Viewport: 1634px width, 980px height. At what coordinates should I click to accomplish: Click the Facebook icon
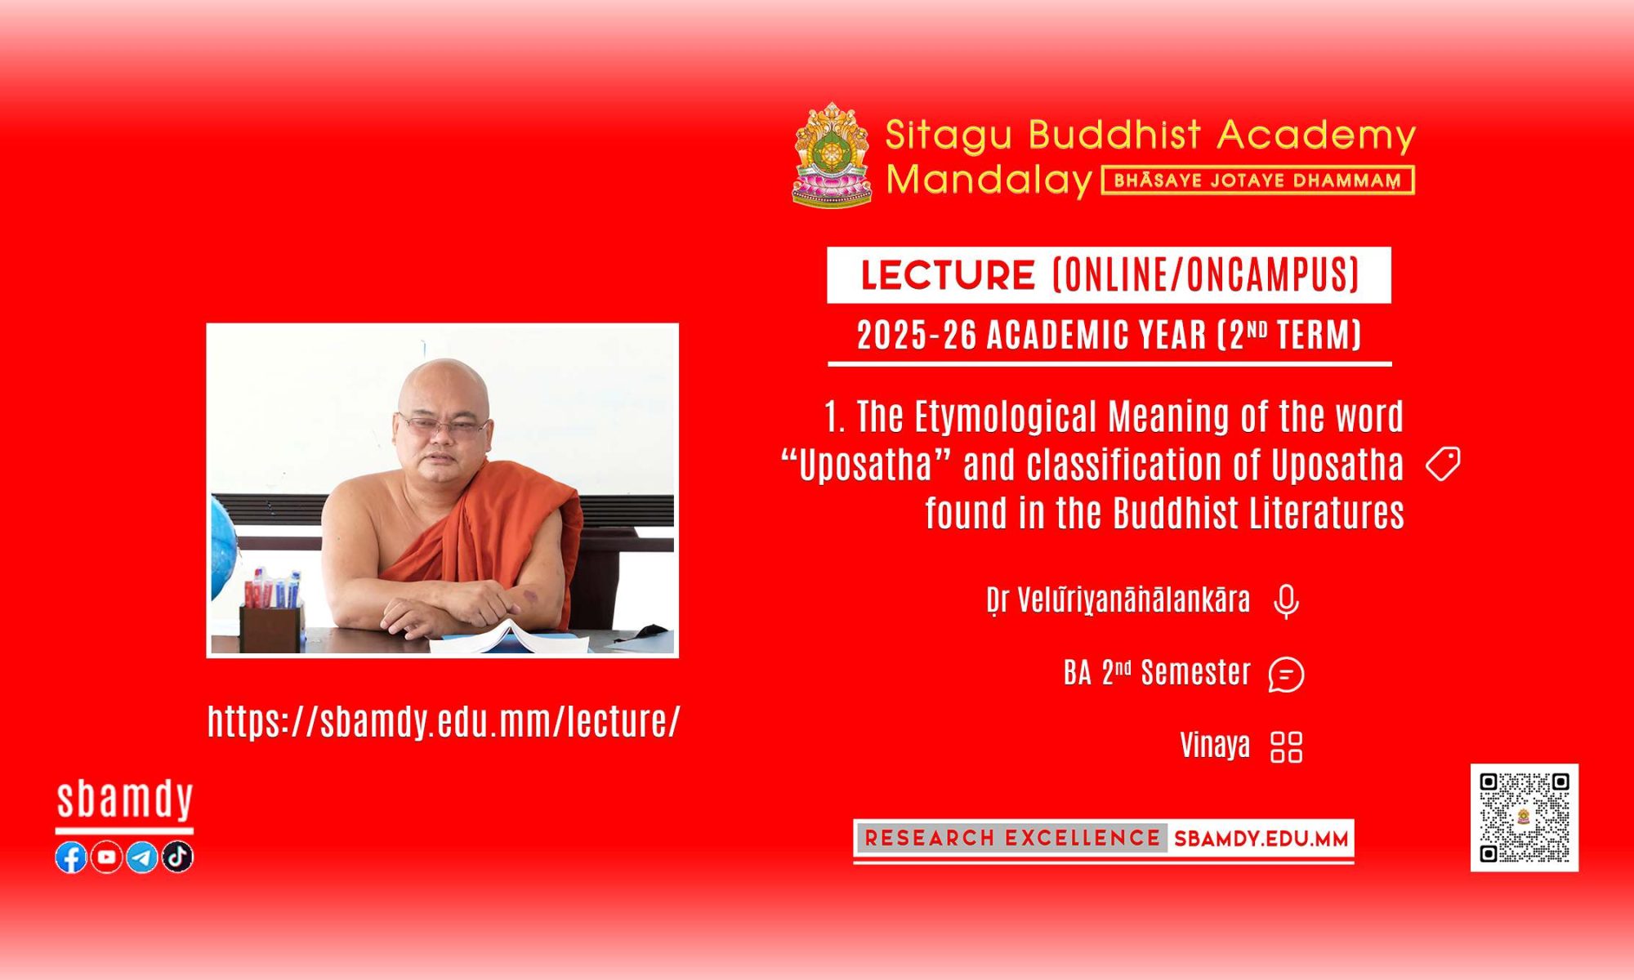point(71,857)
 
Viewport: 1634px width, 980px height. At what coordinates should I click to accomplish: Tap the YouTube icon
point(106,857)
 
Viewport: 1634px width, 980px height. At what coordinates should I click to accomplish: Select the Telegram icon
point(142,857)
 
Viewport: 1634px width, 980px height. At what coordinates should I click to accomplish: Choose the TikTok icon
point(177,857)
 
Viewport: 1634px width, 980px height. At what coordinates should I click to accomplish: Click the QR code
point(1525,817)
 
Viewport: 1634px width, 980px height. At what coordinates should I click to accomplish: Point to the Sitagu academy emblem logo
point(832,154)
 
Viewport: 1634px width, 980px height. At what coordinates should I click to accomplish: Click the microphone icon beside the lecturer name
point(1286,602)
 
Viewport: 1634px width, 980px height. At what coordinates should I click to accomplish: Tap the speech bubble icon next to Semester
point(1286,675)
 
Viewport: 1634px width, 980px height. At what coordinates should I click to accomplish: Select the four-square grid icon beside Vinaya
point(1287,746)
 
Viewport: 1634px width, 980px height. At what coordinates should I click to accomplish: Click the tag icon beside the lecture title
point(1443,465)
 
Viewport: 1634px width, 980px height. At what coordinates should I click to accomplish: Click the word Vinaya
point(1215,745)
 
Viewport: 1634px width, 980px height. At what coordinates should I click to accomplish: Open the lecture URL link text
point(444,721)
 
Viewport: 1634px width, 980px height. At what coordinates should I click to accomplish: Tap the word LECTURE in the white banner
point(948,275)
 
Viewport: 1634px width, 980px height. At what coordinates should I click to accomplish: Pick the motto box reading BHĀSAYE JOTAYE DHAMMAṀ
point(1258,180)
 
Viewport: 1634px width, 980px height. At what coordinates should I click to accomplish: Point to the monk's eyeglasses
point(444,425)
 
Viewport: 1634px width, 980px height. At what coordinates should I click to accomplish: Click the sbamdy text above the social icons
point(124,800)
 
